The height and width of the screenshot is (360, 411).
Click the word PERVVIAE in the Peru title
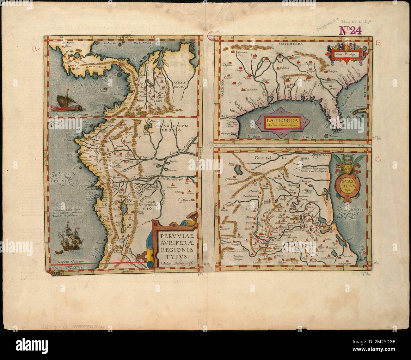point(171,236)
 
